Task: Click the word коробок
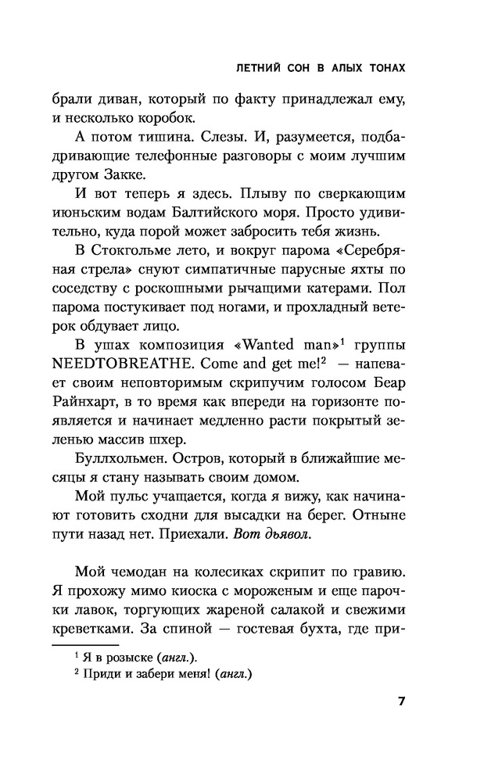click(163, 118)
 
